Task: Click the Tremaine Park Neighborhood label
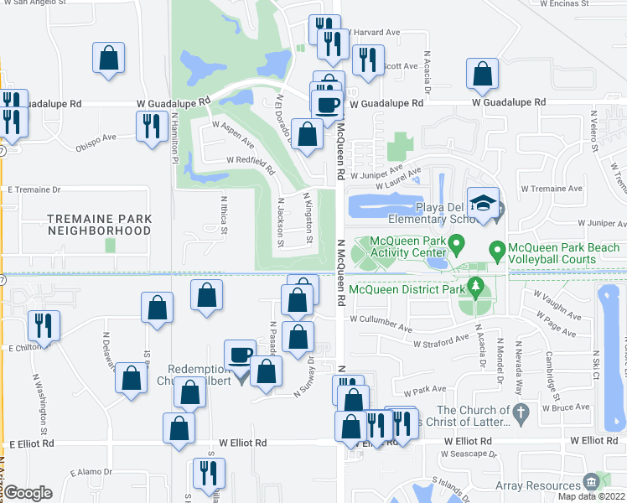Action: click(x=99, y=224)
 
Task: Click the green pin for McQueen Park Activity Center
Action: click(x=457, y=246)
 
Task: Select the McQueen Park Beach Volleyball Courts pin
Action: click(x=496, y=249)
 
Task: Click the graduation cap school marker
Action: click(x=484, y=202)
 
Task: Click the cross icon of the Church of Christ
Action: click(x=521, y=412)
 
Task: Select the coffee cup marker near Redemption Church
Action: click(x=241, y=354)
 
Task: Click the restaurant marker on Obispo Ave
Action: click(x=151, y=126)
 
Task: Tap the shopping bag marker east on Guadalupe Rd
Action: click(x=483, y=73)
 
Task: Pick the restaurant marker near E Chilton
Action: click(x=42, y=324)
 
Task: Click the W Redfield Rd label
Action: click(x=249, y=159)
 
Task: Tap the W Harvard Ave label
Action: click(x=373, y=33)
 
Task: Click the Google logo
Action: click(x=28, y=493)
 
